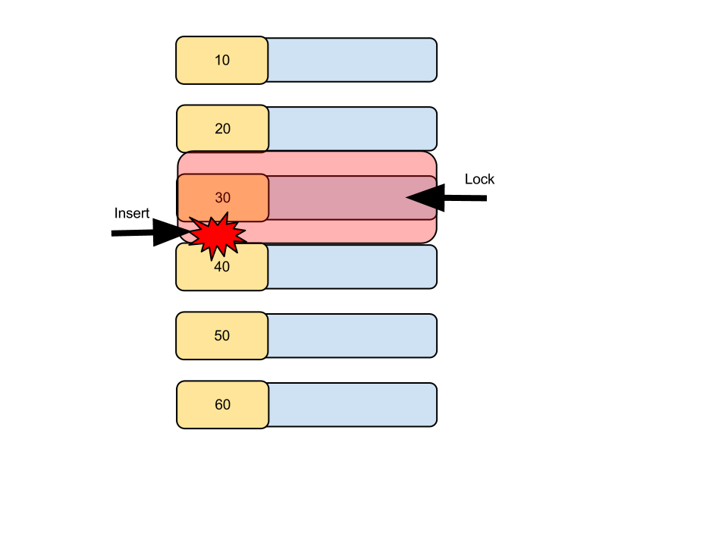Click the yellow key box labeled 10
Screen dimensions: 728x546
(222, 61)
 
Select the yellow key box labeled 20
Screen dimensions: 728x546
(222, 129)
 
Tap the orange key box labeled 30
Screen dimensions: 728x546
(223, 197)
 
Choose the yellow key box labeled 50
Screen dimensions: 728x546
(222, 335)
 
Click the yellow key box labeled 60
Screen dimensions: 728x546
(222, 404)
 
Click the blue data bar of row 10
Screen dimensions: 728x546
(353, 60)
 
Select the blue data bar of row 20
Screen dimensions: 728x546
(353, 129)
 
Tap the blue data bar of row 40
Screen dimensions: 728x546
(353, 266)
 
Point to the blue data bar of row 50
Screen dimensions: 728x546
(353, 336)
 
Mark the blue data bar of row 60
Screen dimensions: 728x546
(353, 404)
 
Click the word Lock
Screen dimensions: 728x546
(479, 179)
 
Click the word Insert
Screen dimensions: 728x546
(132, 213)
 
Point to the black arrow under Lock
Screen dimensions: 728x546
(446, 198)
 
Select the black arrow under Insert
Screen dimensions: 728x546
(152, 232)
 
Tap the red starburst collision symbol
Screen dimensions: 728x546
(218, 236)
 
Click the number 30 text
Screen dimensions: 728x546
(223, 198)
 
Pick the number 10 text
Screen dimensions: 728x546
(222, 61)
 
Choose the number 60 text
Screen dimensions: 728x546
(223, 404)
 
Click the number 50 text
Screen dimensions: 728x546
(222, 336)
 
